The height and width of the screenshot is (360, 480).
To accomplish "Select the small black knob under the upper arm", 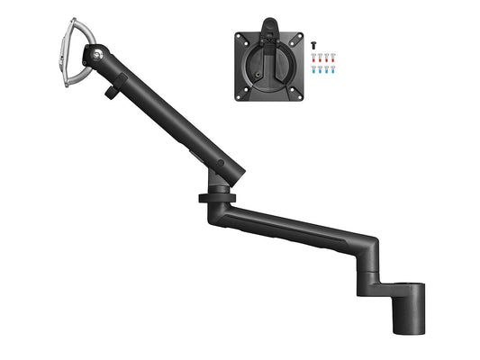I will tap(112, 90).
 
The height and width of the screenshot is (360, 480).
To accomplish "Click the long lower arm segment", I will tap(297, 229).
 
